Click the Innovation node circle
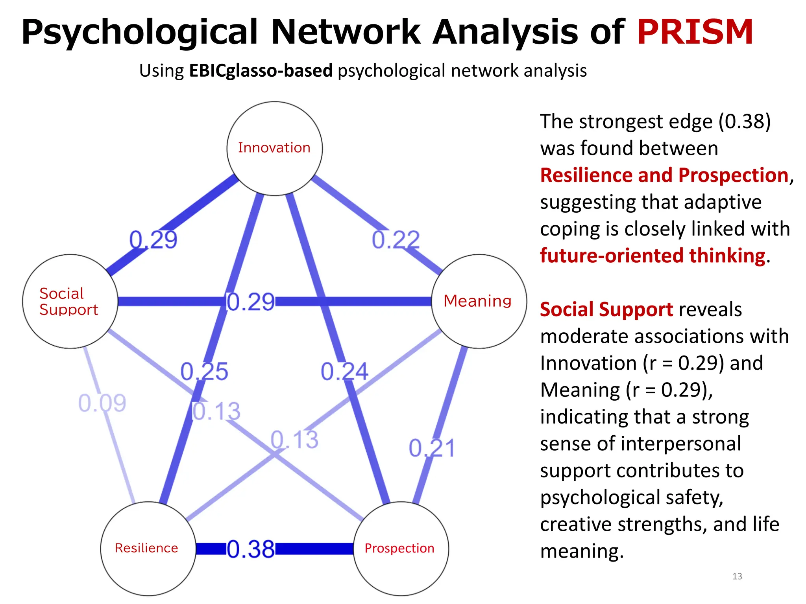[x=274, y=148]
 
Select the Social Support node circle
[x=70, y=301]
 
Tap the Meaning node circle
[x=479, y=301]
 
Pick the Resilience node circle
[x=148, y=549]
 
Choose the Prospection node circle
[x=401, y=549]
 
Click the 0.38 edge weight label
[x=251, y=549]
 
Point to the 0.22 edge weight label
[x=396, y=239]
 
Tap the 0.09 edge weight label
[x=102, y=403]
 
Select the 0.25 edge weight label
[x=204, y=371]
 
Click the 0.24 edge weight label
[x=344, y=371]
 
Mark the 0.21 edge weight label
[x=432, y=448]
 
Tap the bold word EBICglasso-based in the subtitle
[x=261, y=71]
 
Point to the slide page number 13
[x=737, y=576]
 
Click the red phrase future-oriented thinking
[x=653, y=256]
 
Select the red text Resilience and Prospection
[x=664, y=175]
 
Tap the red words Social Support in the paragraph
[x=606, y=309]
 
